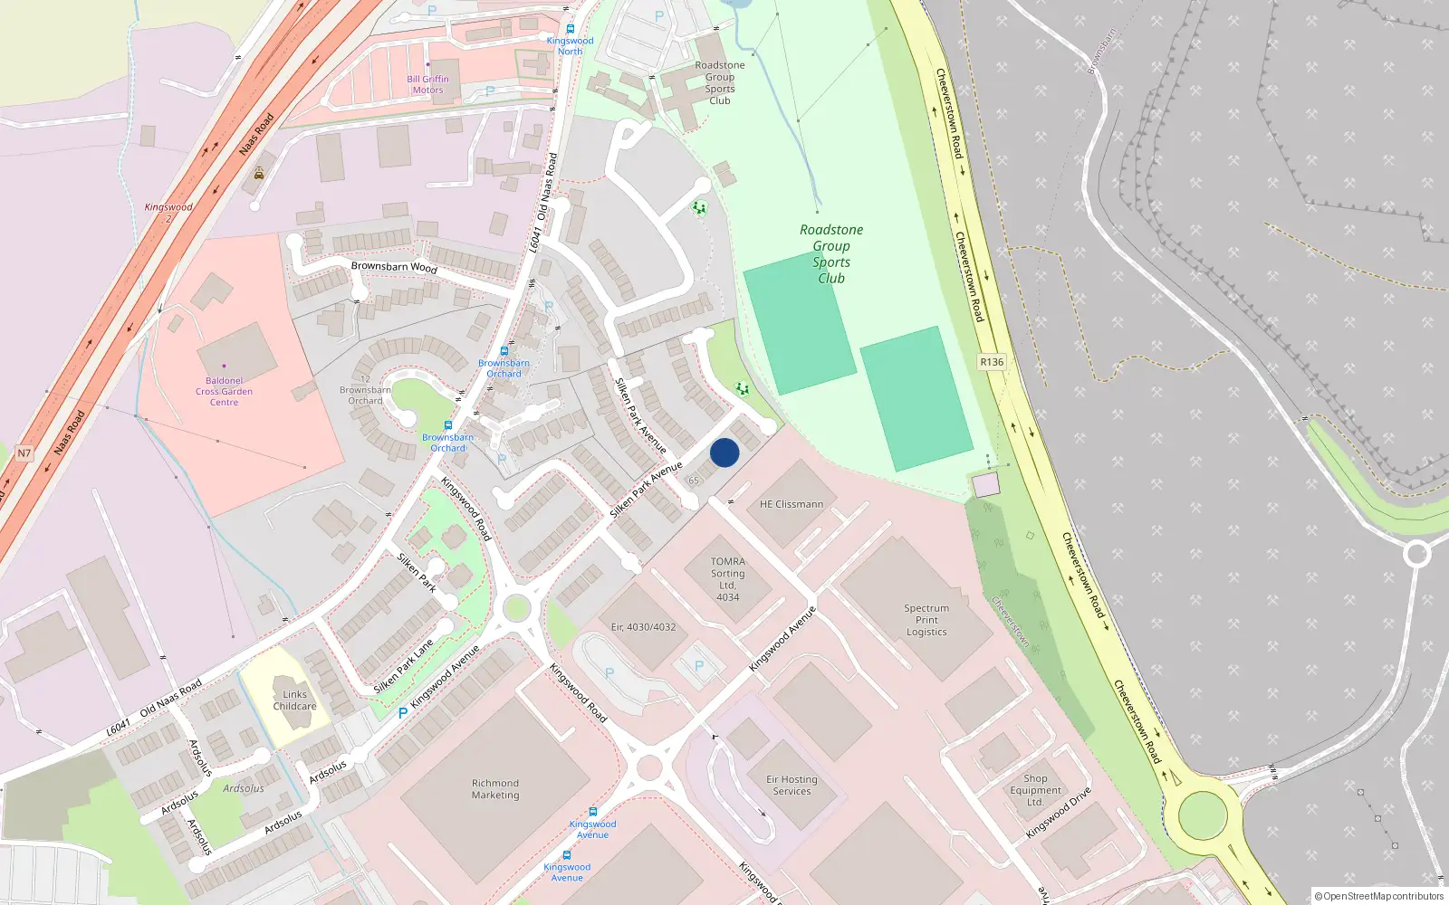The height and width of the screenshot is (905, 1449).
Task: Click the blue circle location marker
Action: pyautogui.click(x=724, y=452)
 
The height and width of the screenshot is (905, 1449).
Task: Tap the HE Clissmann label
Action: pyautogui.click(x=792, y=504)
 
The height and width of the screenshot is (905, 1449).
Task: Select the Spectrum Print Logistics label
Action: pyautogui.click(x=926, y=620)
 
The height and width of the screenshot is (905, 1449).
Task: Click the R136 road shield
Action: pyautogui.click(x=992, y=362)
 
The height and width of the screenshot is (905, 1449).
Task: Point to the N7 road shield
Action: pyautogui.click(x=24, y=453)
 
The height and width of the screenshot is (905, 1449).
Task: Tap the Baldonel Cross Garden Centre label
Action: pyautogui.click(x=224, y=392)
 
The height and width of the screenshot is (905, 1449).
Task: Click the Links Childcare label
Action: pyautogui.click(x=294, y=700)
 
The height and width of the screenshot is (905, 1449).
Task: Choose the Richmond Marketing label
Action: pyautogui.click(x=495, y=789)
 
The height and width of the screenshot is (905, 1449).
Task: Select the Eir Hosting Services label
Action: pyautogui.click(x=792, y=786)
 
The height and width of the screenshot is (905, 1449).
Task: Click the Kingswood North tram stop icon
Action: pyautogui.click(x=570, y=29)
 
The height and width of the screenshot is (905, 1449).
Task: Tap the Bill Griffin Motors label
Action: pyautogui.click(x=427, y=84)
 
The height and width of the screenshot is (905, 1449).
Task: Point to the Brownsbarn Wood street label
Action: pyautogui.click(x=394, y=267)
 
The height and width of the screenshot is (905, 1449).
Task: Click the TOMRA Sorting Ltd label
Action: pyautogui.click(x=727, y=579)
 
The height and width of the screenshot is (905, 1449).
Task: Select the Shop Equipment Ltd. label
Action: pyautogui.click(x=1035, y=790)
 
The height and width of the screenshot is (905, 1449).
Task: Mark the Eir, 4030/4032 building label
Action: pyautogui.click(x=643, y=627)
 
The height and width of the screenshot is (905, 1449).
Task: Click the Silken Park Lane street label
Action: pyautogui.click(x=404, y=666)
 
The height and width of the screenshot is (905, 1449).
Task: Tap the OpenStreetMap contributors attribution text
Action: pyautogui.click(x=1379, y=896)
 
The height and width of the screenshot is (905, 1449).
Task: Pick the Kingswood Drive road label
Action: pyautogui.click(x=1058, y=812)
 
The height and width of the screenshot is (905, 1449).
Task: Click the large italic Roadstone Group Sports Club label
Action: pyautogui.click(x=831, y=254)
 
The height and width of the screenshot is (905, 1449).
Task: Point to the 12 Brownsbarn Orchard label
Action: pyautogui.click(x=365, y=390)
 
